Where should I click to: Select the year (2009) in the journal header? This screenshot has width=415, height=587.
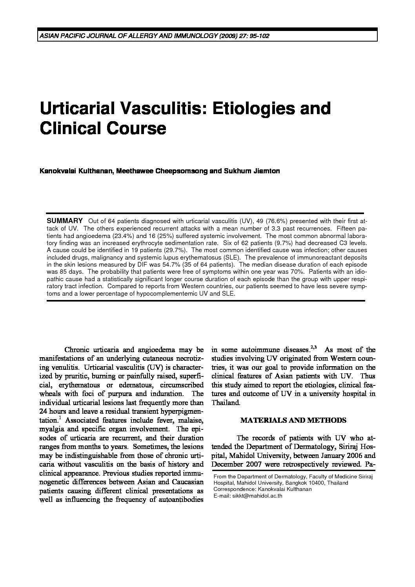point(228,36)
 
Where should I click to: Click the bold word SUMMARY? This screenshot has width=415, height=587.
point(65,221)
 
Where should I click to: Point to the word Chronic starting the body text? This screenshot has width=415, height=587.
point(77,350)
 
